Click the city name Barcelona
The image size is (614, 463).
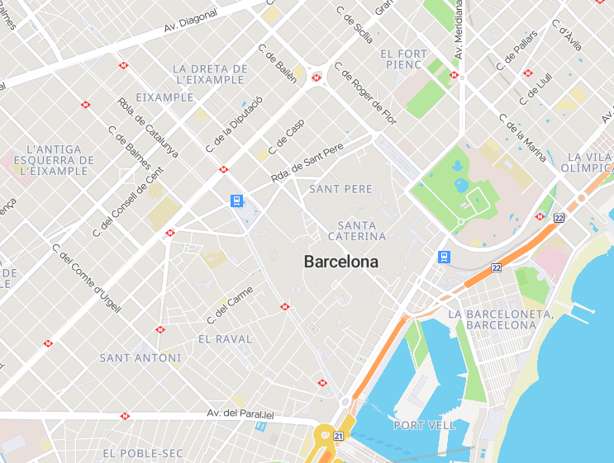pos(341,262)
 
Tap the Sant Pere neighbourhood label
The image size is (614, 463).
pos(340,189)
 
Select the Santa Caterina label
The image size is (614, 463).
pos(357,231)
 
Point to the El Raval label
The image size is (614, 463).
pos(225,339)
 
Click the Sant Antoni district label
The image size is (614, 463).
pos(140,358)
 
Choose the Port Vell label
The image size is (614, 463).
pos(424,425)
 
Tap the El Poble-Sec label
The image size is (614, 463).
pos(142,453)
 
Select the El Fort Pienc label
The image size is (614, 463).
pos(404,59)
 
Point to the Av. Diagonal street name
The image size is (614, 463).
pos(191,21)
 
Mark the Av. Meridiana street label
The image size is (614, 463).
pos(458,31)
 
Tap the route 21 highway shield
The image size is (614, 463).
pos(339,436)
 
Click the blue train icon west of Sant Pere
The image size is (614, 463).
pos(236,201)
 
